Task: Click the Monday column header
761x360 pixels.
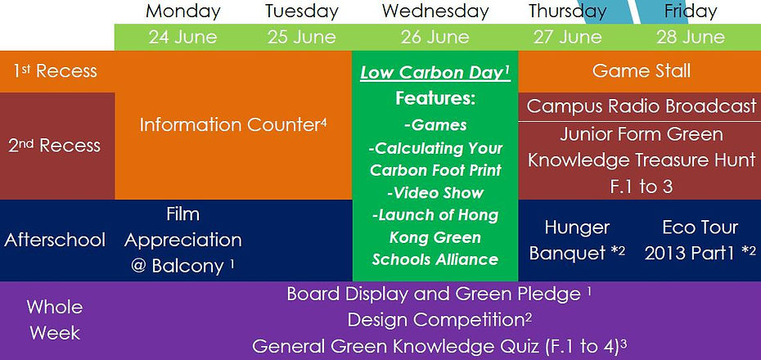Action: coord(183,11)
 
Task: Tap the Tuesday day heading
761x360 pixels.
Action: coord(301,11)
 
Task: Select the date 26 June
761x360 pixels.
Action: coord(435,37)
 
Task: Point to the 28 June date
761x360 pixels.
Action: coord(691,37)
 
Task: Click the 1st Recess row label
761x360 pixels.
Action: coord(55,71)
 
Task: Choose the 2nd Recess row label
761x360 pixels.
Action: coord(54,146)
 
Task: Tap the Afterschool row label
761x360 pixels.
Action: coord(55,240)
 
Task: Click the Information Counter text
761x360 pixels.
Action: coord(233,124)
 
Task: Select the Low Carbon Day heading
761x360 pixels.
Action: coord(435,73)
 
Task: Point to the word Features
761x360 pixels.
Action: coord(435,98)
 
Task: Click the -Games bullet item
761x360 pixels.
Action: coord(435,125)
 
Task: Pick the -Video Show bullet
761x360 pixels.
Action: coord(435,192)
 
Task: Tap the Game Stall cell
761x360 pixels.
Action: coord(642,71)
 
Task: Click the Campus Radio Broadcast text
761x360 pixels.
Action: coord(642,106)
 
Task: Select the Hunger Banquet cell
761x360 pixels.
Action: coord(577,241)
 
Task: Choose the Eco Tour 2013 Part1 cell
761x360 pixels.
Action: coord(700,241)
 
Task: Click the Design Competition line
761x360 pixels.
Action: coord(439,320)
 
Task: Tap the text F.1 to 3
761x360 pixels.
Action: coord(642,187)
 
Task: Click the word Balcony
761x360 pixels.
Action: coord(188,267)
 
